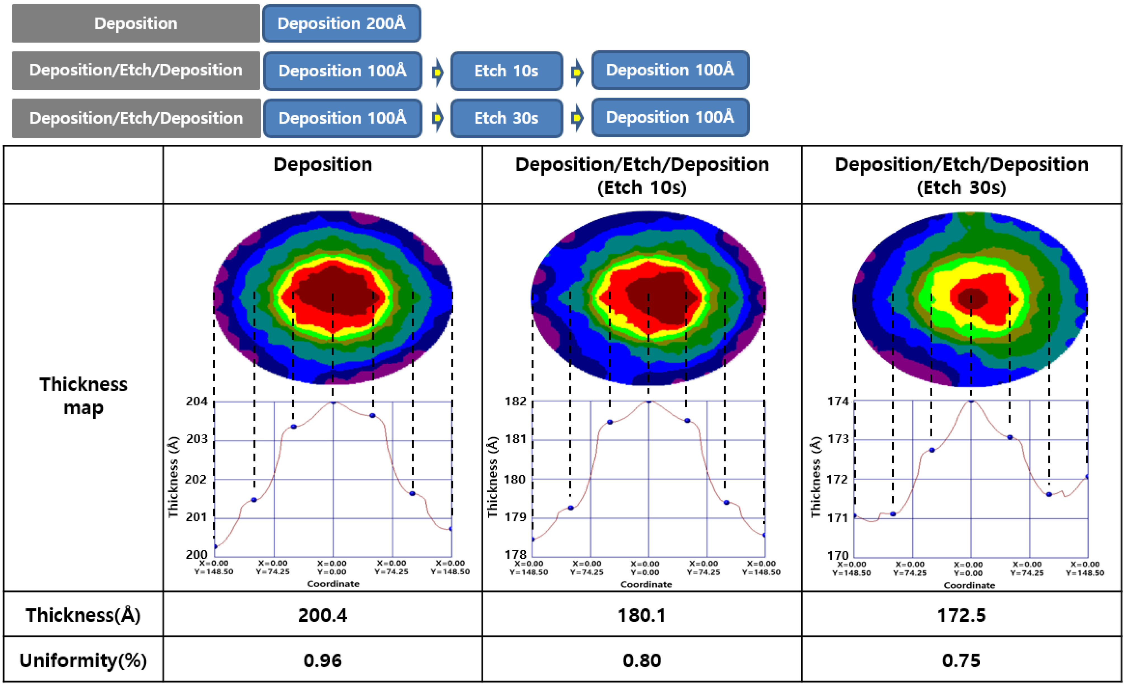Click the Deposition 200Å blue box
pos(341,23)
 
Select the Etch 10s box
pos(506,71)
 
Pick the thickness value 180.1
pos(642,615)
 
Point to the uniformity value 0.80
pos(642,660)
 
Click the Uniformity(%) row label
pos(83,660)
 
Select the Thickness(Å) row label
pos(83,615)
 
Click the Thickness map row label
pos(83,395)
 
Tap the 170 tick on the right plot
pos(838,555)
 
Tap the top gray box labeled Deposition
pos(136,23)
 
